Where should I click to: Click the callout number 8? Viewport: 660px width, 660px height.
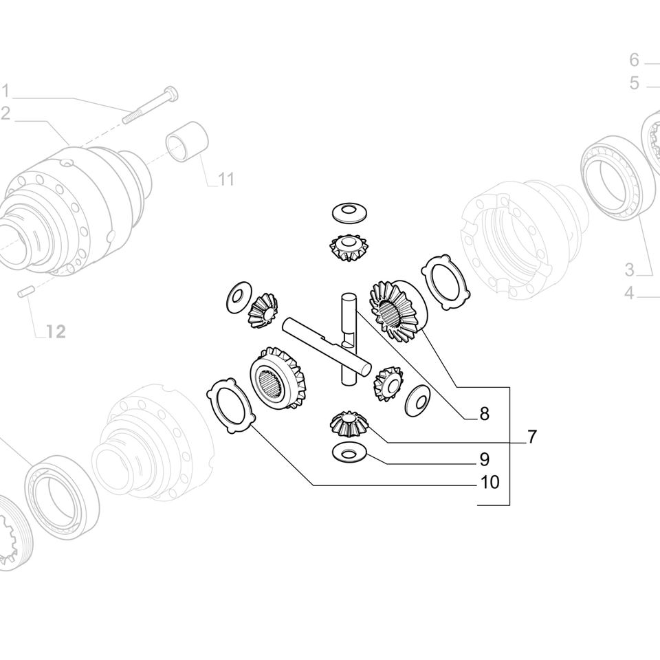point(484,414)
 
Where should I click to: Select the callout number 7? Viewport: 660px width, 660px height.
point(532,436)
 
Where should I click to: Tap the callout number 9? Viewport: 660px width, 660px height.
point(484,459)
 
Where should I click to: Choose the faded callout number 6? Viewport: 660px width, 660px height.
point(634,60)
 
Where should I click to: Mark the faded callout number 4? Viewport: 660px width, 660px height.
point(629,294)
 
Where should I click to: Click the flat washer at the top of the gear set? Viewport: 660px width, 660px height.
point(349,212)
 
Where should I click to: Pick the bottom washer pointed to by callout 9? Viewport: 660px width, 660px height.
point(349,452)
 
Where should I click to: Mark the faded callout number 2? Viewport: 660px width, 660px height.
point(5,114)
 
